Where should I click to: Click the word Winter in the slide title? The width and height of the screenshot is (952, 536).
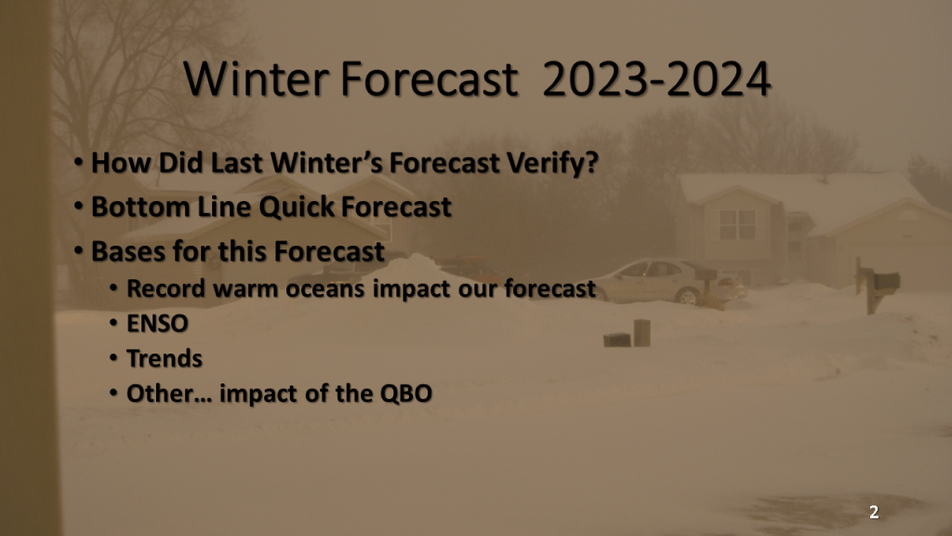click(x=256, y=79)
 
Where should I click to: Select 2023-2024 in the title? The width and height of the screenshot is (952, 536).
click(x=656, y=79)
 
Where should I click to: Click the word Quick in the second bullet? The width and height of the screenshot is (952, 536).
click(x=297, y=208)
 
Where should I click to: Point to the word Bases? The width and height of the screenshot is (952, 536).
click(x=128, y=251)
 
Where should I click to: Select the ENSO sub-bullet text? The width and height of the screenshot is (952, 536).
click(x=157, y=324)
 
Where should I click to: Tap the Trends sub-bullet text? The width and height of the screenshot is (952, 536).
click(x=164, y=358)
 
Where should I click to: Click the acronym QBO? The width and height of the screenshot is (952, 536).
click(x=406, y=394)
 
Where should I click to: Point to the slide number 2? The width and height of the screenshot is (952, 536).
click(x=874, y=513)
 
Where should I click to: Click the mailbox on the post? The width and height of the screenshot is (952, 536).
click(x=886, y=281)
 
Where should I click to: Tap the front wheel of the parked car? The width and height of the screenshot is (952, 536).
click(x=688, y=297)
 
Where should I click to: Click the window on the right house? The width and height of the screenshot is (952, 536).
click(x=736, y=224)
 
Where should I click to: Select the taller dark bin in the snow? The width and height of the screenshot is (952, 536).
click(x=641, y=332)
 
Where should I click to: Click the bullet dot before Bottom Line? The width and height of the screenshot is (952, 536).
click(x=78, y=206)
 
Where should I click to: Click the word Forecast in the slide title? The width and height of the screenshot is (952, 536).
click(x=429, y=79)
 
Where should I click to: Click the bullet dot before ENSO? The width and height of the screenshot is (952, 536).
click(x=113, y=323)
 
